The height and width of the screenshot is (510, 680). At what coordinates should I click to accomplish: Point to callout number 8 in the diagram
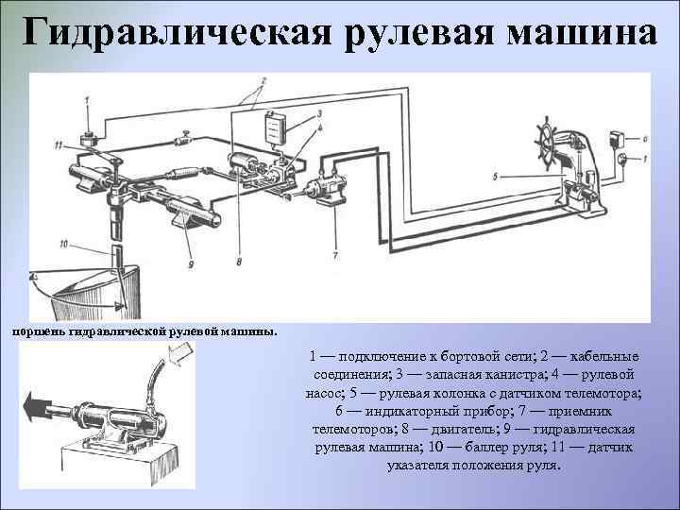(x=239, y=262)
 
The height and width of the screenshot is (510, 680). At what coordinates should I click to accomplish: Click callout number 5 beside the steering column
(x=494, y=176)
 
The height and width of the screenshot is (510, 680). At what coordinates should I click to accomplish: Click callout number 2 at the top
(x=263, y=79)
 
